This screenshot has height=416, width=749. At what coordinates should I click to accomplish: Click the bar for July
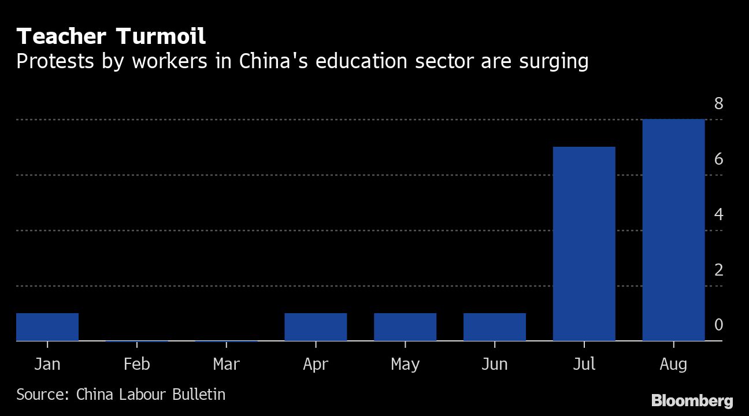tap(584, 244)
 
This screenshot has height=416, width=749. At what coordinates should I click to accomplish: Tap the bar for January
tap(47, 327)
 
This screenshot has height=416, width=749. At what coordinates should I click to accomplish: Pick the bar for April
tap(316, 327)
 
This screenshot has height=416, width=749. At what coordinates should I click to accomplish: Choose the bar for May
tap(405, 327)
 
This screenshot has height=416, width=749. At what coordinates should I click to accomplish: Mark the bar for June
tap(495, 327)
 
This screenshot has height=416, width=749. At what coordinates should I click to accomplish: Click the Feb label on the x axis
tap(137, 364)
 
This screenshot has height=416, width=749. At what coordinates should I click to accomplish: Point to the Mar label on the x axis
tap(226, 364)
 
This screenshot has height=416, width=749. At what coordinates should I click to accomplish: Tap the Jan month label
tap(47, 364)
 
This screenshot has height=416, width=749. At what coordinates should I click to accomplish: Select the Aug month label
tap(673, 365)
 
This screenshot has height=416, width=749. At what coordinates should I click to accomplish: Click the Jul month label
tap(584, 364)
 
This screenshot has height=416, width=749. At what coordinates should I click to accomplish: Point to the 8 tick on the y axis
tap(718, 104)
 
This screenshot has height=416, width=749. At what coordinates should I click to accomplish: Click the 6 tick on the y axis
tap(718, 159)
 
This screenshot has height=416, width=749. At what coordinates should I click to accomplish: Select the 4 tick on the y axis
tap(718, 214)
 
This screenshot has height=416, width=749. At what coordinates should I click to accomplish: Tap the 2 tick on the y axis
tap(718, 270)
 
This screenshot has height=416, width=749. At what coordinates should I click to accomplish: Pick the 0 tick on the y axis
tap(718, 325)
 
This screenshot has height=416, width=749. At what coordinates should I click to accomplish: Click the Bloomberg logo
tap(692, 400)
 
